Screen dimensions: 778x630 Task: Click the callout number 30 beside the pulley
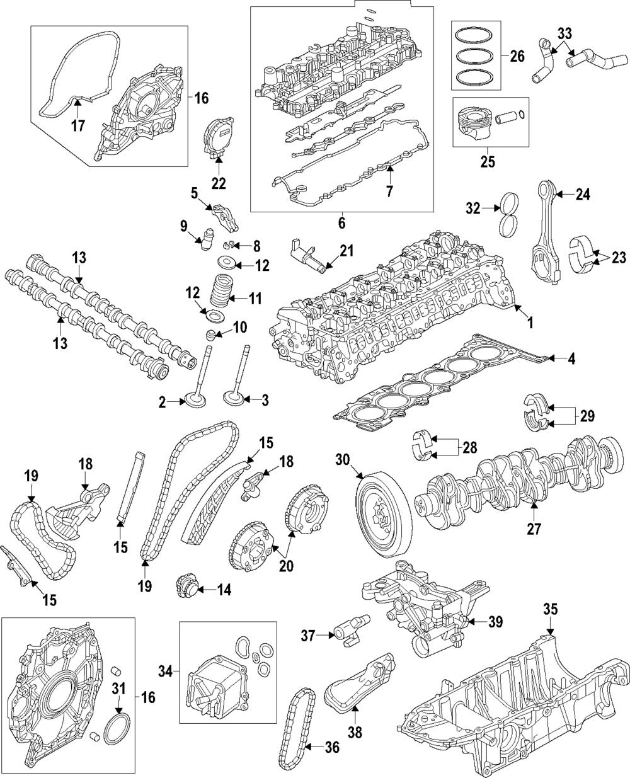coord(343,461)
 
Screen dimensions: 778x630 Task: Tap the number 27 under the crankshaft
coord(534,529)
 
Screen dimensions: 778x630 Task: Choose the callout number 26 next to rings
coord(517,56)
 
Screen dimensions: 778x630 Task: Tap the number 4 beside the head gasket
coord(571,360)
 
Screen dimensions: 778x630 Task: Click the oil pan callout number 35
coord(551,610)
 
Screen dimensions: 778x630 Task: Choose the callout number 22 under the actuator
coord(218,183)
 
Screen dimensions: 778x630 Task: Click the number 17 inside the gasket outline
coord(77,125)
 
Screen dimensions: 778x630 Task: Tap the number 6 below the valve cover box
coord(341,223)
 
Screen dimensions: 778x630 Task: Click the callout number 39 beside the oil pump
coord(496,622)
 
